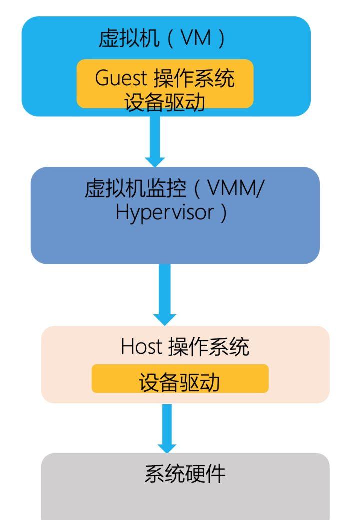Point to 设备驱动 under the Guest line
click(165, 101)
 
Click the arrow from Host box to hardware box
click(168, 425)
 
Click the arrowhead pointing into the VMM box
click(156, 161)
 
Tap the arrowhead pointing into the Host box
click(164, 318)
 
